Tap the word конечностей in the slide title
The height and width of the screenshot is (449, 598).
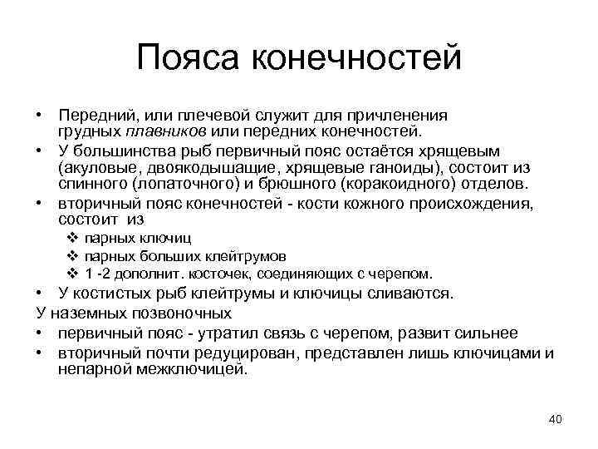[x=354, y=57]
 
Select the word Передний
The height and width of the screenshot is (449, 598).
[x=91, y=116]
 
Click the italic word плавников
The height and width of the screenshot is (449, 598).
[x=166, y=131]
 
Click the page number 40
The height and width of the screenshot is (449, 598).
[x=556, y=419]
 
